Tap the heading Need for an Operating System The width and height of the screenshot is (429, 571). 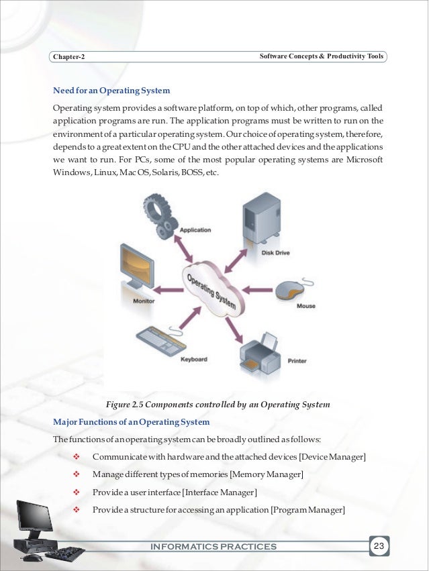point(111,90)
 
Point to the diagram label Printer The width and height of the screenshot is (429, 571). point(297,361)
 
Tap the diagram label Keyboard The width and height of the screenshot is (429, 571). point(193,359)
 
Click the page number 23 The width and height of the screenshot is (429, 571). point(380,546)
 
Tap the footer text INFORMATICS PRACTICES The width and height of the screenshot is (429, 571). point(214,547)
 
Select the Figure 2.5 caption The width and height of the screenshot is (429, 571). point(218,405)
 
